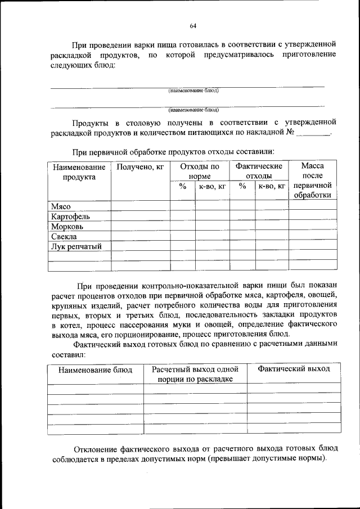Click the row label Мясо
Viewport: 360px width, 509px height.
[60, 206]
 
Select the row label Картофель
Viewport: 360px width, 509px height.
[70, 216]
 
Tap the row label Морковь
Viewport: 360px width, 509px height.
[67, 226]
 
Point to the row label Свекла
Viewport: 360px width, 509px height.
[64, 236]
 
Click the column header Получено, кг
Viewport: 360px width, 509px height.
[140, 167]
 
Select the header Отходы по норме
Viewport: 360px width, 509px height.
[200, 172]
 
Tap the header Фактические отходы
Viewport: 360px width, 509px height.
[259, 172]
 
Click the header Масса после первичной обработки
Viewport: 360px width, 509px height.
[313, 181]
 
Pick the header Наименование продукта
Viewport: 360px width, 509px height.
[79, 172]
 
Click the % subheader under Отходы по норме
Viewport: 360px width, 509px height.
[182, 186]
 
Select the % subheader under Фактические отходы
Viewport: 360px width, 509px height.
[242, 186]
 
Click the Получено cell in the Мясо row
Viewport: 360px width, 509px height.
[140, 206]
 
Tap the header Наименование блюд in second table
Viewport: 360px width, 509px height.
[95, 370]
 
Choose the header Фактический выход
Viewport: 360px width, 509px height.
[294, 369]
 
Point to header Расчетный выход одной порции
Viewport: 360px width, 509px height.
[195, 374]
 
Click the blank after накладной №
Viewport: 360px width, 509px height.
[313, 134]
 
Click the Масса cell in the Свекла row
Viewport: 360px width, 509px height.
[313, 236]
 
